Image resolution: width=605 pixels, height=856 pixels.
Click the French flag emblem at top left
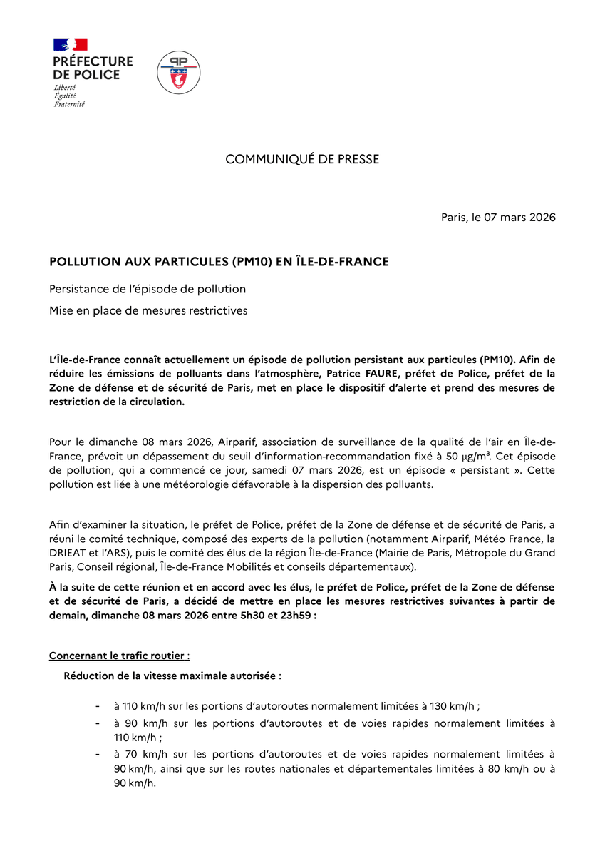70,44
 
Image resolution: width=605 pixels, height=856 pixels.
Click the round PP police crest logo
179,73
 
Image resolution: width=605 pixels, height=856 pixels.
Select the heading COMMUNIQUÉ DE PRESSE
302,159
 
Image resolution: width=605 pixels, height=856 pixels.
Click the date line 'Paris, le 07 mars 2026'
498,217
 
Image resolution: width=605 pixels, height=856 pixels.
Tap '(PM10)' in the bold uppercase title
252,262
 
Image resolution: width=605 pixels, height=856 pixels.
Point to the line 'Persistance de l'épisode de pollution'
148,289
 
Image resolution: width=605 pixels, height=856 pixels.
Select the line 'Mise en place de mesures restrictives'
148,311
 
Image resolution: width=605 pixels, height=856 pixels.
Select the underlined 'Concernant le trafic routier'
118,656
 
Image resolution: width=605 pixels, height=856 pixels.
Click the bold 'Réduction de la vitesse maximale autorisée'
170,675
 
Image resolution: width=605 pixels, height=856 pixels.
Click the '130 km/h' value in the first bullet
451,706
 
